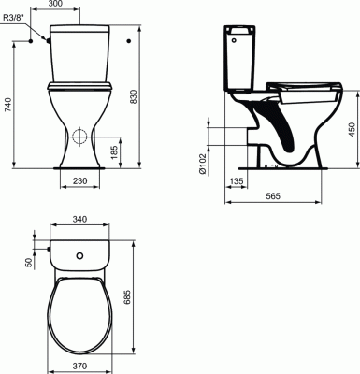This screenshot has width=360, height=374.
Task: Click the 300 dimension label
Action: (x=56, y=4)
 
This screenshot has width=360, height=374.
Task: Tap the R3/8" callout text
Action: (x=14, y=18)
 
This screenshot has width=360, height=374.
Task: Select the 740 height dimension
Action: (x=8, y=105)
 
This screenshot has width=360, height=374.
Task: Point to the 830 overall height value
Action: (x=134, y=96)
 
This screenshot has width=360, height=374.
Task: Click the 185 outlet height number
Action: (x=114, y=152)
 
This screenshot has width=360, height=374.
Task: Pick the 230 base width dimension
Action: (x=79, y=180)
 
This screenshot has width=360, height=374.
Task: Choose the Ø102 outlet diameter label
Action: (x=202, y=164)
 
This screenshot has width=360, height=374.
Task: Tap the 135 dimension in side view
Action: (x=237, y=181)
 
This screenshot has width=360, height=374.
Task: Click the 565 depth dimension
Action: (x=273, y=195)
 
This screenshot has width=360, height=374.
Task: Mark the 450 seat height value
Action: (x=352, y=129)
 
